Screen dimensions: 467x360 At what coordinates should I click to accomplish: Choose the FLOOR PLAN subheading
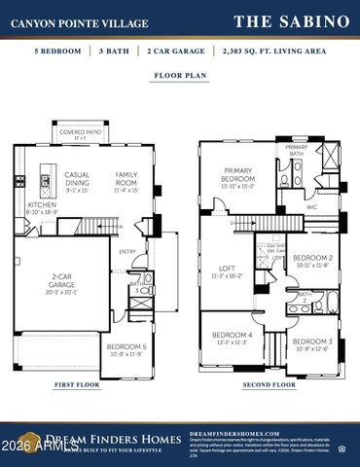pos(179,75)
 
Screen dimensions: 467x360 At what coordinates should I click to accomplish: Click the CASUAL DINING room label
pos(77,181)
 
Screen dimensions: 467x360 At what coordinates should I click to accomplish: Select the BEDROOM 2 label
pos(313,261)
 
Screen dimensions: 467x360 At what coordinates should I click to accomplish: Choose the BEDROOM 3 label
pos(313,343)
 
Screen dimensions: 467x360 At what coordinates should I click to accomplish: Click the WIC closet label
pos(312,206)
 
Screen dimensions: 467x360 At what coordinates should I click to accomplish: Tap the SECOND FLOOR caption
pos(270,384)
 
